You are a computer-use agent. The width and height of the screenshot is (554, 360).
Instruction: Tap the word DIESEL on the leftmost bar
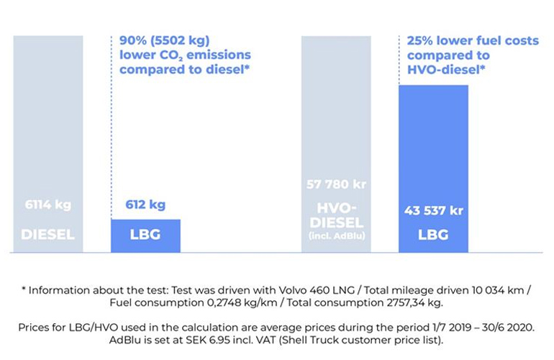47,235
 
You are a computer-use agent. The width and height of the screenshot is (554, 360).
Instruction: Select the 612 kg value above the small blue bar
145,204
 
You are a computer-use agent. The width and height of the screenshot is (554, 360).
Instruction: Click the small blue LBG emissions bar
145,235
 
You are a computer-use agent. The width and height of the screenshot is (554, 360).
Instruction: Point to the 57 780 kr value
336,184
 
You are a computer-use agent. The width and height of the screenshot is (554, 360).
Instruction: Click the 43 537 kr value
433,211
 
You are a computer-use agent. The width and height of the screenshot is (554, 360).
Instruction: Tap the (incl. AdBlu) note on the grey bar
336,235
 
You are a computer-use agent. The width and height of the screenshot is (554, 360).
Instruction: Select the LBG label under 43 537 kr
433,235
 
